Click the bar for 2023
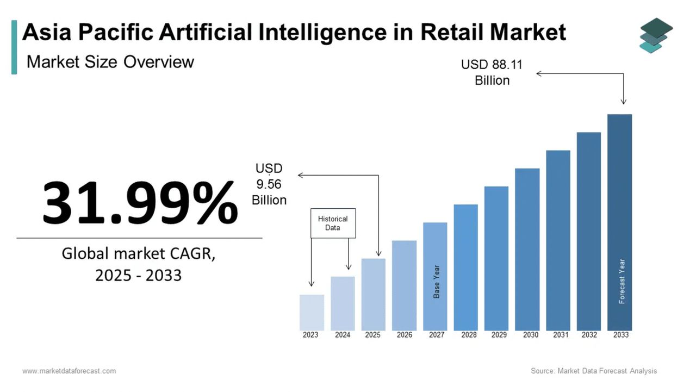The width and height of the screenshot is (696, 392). (x=312, y=313)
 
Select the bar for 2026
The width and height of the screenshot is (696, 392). (x=404, y=285)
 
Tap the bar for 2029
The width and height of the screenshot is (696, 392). (x=496, y=258)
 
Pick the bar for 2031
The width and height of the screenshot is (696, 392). (x=558, y=240)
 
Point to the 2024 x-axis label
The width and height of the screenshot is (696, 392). (x=343, y=335)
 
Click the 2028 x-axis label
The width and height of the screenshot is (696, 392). (x=469, y=335)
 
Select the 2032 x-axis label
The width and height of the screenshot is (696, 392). (x=589, y=335)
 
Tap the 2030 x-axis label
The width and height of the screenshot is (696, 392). (x=531, y=335)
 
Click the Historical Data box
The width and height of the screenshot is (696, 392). (x=333, y=223)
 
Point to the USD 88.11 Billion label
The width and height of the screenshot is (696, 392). (x=492, y=72)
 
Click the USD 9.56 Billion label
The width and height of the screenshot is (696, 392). (x=269, y=184)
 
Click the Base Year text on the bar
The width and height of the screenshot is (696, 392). (x=436, y=281)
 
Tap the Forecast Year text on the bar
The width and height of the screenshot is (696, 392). (x=622, y=281)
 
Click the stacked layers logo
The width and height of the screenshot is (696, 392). (x=656, y=35)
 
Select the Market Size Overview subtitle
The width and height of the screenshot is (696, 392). (x=110, y=61)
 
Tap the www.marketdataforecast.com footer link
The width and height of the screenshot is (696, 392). (x=69, y=371)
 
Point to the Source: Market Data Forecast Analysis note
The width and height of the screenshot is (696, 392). (x=594, y=371)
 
